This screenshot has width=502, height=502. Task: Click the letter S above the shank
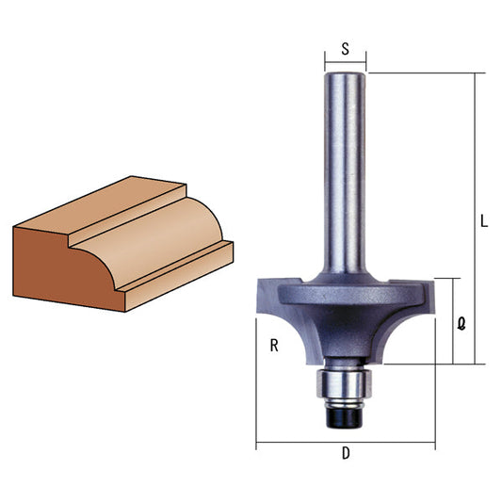346,51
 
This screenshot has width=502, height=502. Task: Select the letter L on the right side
483,223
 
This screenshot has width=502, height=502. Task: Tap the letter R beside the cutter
273,346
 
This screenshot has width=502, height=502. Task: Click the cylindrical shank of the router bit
345,170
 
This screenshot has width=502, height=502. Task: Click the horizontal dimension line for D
346,441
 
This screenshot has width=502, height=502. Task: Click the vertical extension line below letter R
256,396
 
